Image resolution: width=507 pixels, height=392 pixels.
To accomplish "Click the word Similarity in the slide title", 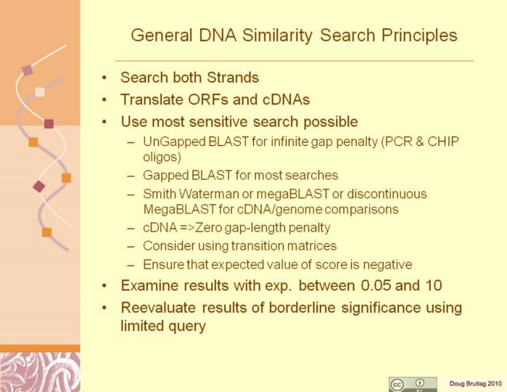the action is (x=277, y=36).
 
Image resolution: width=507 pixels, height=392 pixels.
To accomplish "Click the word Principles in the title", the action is (x=419, y=36).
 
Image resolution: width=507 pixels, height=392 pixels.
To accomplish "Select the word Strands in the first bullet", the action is (x=233, y=78).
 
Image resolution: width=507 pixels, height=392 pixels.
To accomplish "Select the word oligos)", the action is (x=162, y=157).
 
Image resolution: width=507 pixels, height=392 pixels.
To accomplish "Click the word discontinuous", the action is (x=387, y=194).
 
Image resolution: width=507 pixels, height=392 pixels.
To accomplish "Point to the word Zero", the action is (x=211, y=227).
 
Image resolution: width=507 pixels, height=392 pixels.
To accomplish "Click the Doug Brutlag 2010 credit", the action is (x=475, y=384).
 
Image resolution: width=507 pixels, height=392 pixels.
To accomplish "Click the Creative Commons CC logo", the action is (x=397, y=385).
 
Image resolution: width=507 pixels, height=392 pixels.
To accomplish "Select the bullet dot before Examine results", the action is (x=104, y=286).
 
